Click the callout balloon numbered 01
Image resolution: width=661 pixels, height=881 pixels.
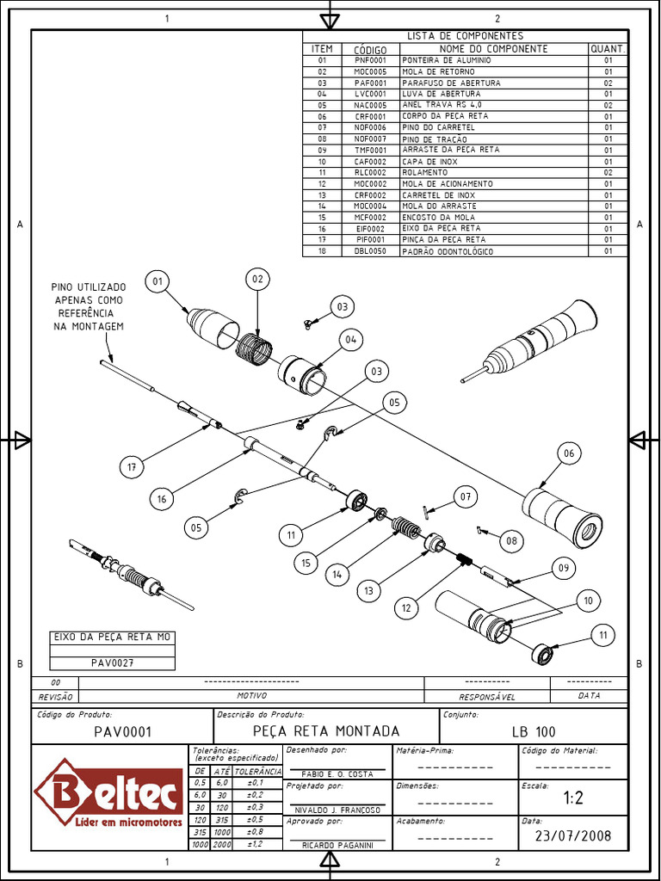158,281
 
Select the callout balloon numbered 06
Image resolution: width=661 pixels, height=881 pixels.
567,453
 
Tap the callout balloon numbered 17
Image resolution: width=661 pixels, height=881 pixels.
132,467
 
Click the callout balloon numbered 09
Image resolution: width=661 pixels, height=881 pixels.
564,568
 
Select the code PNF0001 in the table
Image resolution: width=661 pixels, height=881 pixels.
371,61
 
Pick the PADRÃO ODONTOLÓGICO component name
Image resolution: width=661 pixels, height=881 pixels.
447,251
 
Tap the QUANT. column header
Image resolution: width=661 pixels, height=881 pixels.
608,49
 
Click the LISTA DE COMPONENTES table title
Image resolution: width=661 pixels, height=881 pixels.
465,36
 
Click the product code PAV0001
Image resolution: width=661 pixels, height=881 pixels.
122,732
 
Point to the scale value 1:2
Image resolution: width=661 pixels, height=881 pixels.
573,798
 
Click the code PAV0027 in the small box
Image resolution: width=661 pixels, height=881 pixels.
112,663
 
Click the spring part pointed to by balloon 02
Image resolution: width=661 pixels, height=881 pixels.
254,349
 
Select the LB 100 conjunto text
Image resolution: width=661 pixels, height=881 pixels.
534,732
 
